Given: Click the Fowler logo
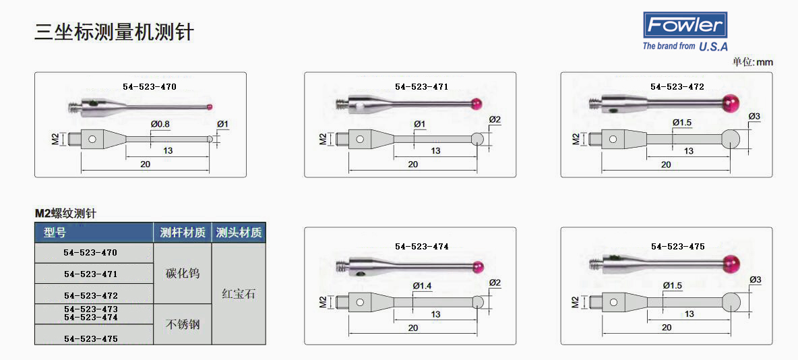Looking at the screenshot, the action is pyautogui.click(x=685, y=32).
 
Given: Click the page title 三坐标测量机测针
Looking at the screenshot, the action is pyautogui.click(x=114, y=32).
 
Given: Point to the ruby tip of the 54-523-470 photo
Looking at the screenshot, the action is pyautogui.click(x=210, y=107).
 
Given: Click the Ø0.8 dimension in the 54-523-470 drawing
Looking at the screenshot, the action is pyautogui.click(x=161, y=124).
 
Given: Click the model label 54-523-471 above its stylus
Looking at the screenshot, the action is pyautogui.click(x=421, y=86).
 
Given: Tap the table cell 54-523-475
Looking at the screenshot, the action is pyautogui.click(x=90, y=338).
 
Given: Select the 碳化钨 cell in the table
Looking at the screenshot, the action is pyautogui.click(x=182, y=274).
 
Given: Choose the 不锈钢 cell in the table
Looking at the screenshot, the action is pyautogui.click(x=182, y=324).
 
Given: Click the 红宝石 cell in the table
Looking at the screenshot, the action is pyautogui.click(x=239, y=295).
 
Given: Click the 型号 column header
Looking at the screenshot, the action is pyautogui.click(x=55, y=233).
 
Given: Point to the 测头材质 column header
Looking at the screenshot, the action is pyautogui.click(x=239, y=233).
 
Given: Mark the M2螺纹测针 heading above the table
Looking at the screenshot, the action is pyautogui.click(x=65, y=214).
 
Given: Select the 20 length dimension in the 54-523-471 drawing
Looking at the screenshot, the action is pyautogui.click(x=412, y=164).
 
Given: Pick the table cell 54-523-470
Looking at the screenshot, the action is pyautogui.click(x=90, y=252).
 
